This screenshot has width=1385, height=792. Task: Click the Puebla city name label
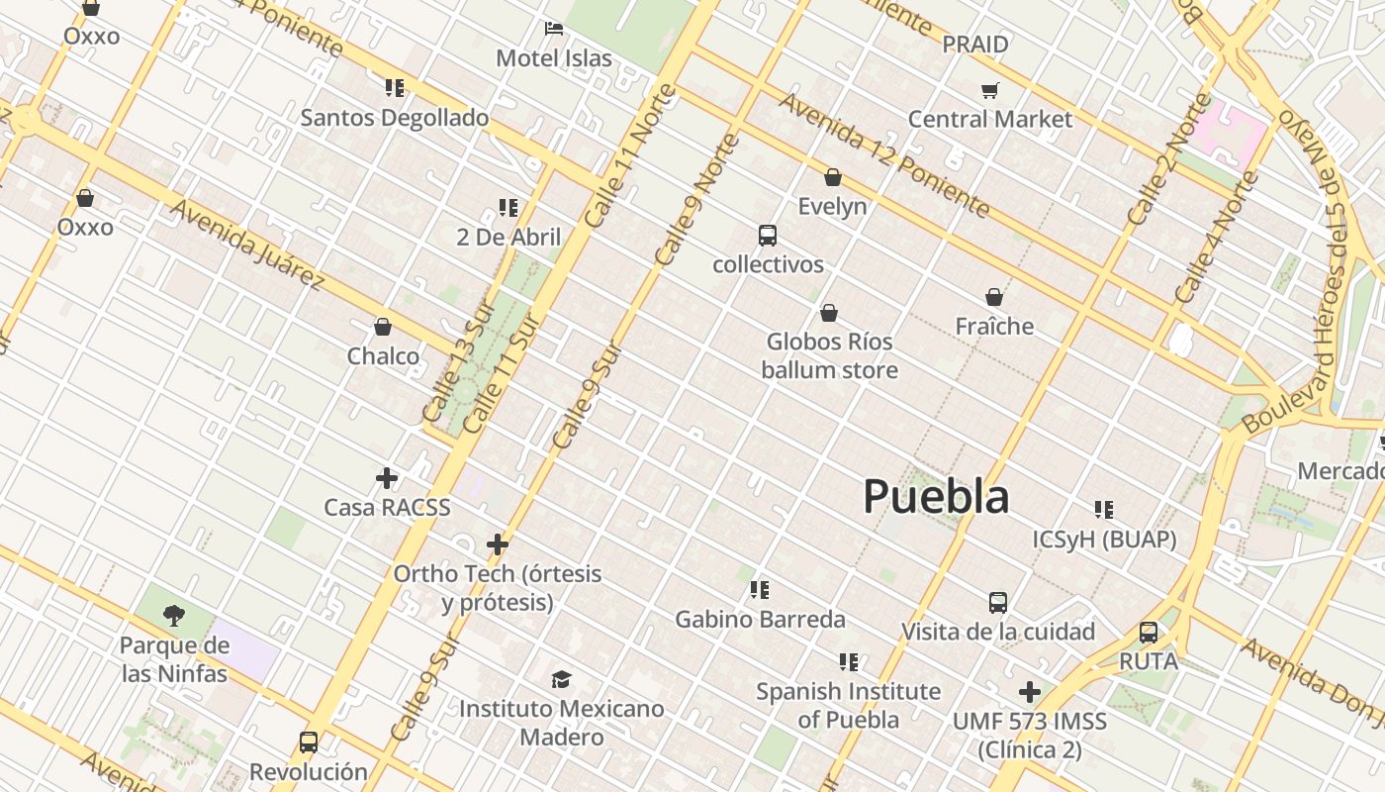click(936, 496)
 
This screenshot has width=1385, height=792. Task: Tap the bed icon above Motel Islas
click(554, 28)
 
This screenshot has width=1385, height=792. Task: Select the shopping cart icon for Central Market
click(989, 90)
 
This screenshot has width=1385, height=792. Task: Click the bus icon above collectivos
click(768, 236)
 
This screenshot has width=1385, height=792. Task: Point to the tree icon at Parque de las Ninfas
click(174, 616)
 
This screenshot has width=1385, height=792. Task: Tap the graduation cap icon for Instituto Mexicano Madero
click(562, 679)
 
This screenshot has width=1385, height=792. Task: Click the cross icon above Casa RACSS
click(387, 479)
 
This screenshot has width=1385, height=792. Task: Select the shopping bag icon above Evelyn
click(833, 177)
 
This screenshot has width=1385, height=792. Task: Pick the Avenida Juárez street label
click(247, 245)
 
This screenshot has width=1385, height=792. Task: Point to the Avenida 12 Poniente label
click(883, 153)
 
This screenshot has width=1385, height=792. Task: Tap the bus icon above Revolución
click(309, 742)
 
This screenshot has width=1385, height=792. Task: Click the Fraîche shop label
click(994, 326)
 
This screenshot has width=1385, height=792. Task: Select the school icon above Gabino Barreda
click(760, 590)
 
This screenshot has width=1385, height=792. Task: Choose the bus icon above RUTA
click(1149, 632)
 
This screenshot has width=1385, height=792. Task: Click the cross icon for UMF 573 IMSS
click(1030, 691)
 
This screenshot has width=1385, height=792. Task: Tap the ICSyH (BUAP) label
click(1104, 540)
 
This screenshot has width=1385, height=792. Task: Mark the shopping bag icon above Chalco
click(383, 327)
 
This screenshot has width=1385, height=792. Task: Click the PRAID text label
click(975, 45)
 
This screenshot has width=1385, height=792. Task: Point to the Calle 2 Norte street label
click(1168, 158)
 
